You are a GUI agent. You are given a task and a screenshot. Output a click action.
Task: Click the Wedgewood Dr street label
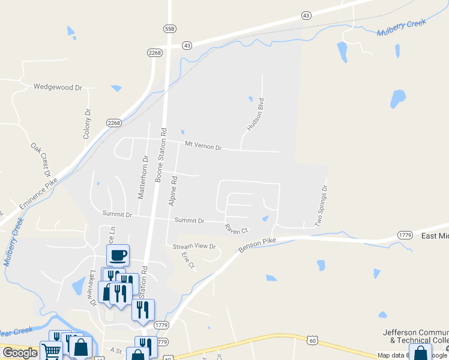58,88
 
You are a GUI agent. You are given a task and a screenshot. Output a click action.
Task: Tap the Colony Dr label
88,124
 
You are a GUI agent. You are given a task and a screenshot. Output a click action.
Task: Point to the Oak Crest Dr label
41,160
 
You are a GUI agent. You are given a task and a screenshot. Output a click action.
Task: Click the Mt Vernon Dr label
203,146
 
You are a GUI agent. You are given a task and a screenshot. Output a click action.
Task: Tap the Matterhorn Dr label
144,177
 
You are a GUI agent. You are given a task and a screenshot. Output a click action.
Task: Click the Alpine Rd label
173,191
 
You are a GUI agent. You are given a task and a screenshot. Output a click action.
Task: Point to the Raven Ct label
236,229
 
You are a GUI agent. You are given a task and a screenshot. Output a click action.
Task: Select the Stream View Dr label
194,247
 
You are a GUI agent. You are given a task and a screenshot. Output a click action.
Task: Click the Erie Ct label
188,260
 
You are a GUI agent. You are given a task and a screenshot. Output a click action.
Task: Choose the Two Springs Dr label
322,206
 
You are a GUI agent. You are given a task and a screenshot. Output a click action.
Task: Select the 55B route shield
169,28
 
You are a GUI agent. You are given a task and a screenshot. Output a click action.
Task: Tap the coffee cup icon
118,255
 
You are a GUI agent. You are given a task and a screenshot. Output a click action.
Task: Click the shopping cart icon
52,351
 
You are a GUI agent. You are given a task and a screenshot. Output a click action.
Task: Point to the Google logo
20,353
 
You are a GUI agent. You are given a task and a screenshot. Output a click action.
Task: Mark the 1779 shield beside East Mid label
405,236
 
